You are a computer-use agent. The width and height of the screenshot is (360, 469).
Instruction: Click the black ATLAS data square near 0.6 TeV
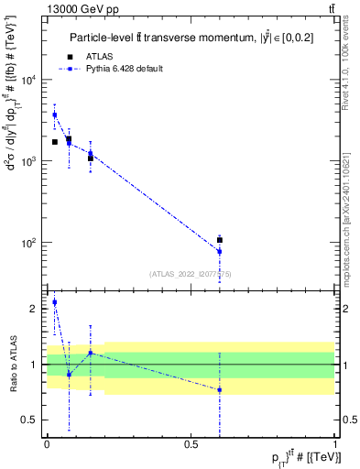tap(220, 240)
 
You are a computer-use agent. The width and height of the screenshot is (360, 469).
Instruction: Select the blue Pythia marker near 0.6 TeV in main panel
tap(220, 251)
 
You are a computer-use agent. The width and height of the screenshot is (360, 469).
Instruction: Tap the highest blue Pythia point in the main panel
tap(54, 115)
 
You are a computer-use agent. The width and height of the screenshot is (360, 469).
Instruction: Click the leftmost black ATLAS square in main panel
tap(55, 142)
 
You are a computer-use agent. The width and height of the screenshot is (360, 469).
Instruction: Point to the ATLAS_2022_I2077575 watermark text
tap(190, 273)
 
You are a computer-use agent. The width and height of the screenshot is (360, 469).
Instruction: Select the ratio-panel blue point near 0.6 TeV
tap(220, 390)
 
